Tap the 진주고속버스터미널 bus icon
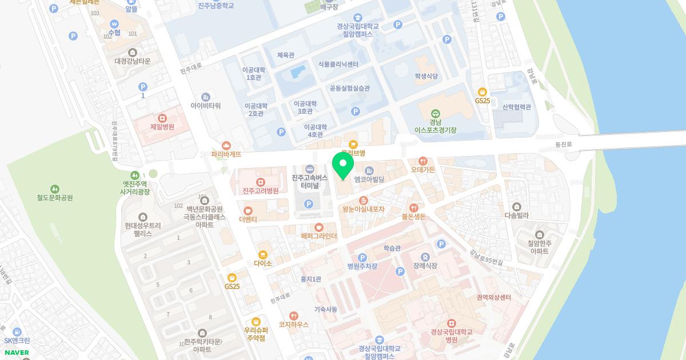coord(309,169)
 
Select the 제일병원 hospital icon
coord(162,117)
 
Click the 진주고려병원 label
coord(260,191)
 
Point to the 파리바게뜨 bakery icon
coord(227,145)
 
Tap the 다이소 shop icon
coord(262,254)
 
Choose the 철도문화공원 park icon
coord(55,189)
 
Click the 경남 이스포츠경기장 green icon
coord(436,114)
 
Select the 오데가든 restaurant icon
coord(423,161)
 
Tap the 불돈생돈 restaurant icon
coord(414,208)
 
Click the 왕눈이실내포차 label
coord(363,209)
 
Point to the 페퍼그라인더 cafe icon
coord(319,227)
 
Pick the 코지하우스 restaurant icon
coord(294,315)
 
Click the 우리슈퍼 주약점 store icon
coord(256,321)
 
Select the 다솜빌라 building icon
coord(517,207)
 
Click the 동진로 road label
coord(563,145)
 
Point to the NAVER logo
coord(16,353)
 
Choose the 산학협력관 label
coord(517,107)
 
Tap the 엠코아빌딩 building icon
coord(369,170)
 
